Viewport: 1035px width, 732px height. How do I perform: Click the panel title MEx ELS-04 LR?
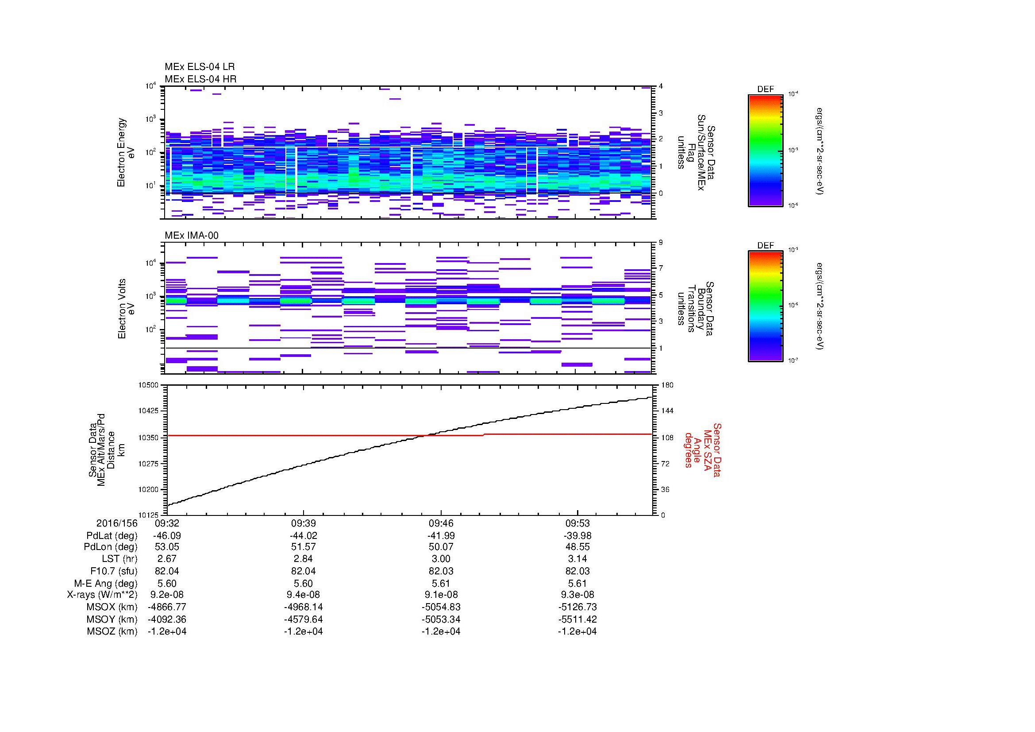[199, 67]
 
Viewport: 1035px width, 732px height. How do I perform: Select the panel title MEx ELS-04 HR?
[200, 79]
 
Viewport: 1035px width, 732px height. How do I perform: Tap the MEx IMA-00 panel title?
[192, 236]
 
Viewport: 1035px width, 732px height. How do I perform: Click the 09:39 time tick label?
[303, 523]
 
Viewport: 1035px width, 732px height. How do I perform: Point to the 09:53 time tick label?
[577, 523]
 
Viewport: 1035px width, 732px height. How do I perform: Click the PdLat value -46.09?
[167, 536]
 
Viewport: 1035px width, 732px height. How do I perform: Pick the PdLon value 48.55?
[577, 547]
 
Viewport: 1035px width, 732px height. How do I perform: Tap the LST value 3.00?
[440, 559]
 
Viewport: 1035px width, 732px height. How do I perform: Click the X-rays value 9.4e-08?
[303, 595]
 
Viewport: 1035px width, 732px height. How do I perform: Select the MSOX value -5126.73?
[577, 607]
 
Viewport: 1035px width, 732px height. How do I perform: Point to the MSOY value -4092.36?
[167, 619]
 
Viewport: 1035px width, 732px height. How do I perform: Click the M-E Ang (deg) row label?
[106, 583]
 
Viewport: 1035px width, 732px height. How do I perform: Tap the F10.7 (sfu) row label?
[114, 571]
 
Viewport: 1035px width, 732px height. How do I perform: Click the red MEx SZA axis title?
[702, 449]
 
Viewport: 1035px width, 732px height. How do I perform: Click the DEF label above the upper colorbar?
[765, 89]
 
